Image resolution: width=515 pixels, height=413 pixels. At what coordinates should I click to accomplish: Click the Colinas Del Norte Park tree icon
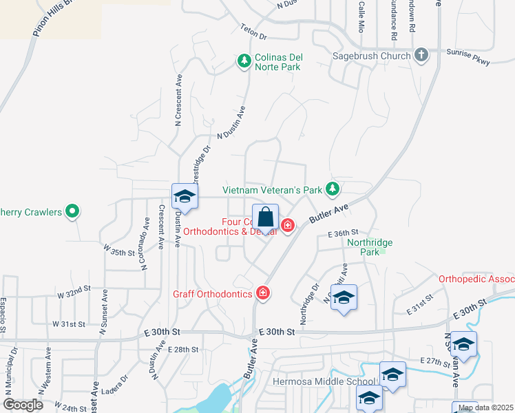click(244, 62)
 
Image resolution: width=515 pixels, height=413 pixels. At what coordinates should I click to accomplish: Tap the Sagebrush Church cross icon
click(422, 55)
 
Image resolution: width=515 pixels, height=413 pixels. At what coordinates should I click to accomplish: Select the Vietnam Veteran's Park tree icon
click(333, 189)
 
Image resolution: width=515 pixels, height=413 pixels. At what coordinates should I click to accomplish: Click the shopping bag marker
click(265, 218)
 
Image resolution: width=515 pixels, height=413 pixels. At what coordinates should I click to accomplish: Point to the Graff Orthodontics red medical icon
click(262, 294)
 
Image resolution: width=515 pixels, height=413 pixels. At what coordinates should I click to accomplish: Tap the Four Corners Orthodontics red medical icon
click(286, 225)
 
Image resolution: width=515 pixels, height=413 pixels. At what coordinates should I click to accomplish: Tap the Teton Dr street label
click(253, 32)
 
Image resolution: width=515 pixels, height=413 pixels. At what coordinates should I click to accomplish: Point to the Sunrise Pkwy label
click(467, 57)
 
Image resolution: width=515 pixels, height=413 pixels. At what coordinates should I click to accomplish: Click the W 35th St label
click(118, 250)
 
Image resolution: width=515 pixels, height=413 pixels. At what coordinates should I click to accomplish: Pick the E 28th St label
click(182, 350)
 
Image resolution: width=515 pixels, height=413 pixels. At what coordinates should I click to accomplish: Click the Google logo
click(23, 405)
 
